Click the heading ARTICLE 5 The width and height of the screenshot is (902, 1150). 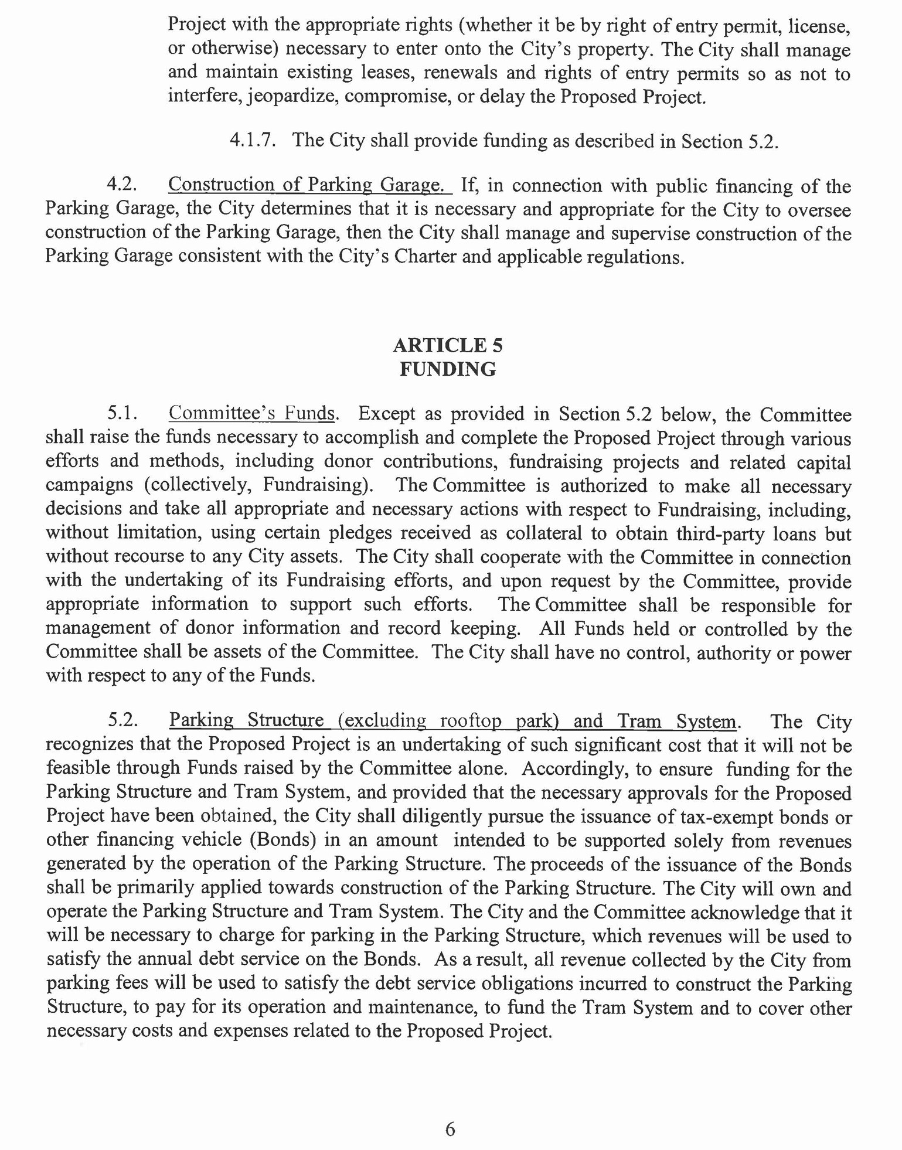click(x=448, y=345)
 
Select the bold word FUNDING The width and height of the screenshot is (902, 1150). click(x=448, y=369)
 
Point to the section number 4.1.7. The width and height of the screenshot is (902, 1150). click(x=252, y=141)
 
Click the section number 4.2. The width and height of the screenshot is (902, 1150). click(x=122, y=185)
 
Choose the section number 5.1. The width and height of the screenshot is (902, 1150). click(x=122, y=414)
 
